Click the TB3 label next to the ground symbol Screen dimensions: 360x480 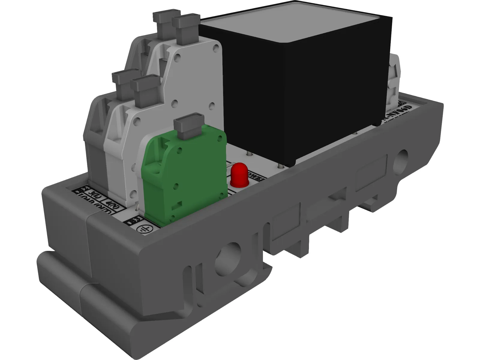pyautogui.click(x=130, y=222)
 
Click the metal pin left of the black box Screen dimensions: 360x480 pyautogui.click(x=248, y=154)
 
